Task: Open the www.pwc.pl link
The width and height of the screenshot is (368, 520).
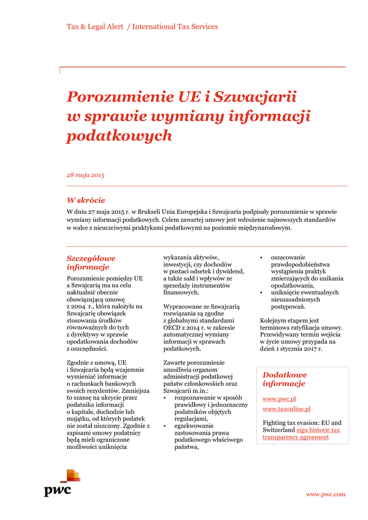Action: (279, 399)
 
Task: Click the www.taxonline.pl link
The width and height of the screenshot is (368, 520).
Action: (286, 409)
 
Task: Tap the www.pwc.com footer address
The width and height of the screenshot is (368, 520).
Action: (325, 494)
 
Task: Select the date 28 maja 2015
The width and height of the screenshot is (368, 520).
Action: (85, 175)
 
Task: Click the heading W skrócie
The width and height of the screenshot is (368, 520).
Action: (86, 201)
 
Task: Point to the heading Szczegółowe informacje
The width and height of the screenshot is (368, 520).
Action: (91, 263)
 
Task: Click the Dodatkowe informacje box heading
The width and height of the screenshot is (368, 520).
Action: (285, 379)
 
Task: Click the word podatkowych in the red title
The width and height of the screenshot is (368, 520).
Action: (119, 136)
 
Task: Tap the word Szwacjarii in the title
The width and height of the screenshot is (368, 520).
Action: (255, 96)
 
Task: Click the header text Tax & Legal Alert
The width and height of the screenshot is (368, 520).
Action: (95, 27)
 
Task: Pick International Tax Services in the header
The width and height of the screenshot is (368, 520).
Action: (175, 27)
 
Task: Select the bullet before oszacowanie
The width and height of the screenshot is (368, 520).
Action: (261, 258)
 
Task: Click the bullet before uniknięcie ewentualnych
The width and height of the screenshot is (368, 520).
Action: (261, 293)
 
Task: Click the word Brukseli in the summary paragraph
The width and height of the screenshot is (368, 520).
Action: (155, 212)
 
